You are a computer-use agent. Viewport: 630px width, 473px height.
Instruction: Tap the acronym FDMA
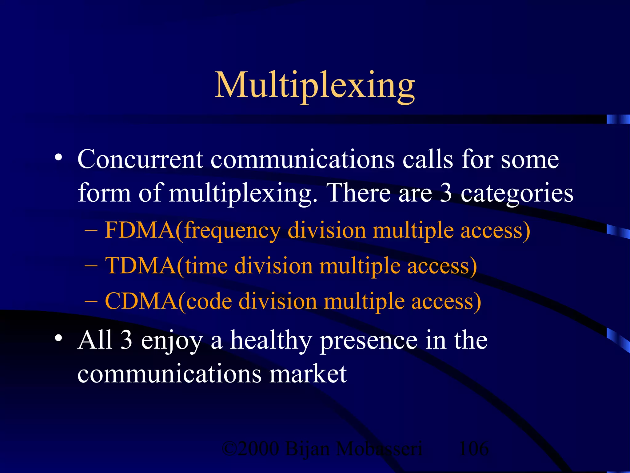140,230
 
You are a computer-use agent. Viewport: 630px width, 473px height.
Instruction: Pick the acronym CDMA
141,301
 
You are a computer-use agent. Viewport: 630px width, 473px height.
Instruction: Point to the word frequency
232,231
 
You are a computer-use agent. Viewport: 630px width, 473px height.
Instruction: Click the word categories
517,193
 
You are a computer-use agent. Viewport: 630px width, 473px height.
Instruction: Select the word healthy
271,341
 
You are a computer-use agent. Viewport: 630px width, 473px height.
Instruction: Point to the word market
308,374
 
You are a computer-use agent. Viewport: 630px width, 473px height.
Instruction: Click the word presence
369,341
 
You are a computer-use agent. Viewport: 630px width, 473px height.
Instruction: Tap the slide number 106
473,449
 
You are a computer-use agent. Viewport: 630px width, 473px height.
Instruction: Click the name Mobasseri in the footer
379,449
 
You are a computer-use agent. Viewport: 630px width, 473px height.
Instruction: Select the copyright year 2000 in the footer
258,449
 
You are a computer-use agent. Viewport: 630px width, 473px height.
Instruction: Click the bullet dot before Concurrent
58,158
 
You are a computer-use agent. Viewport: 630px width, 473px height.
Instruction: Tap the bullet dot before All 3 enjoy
58,338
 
